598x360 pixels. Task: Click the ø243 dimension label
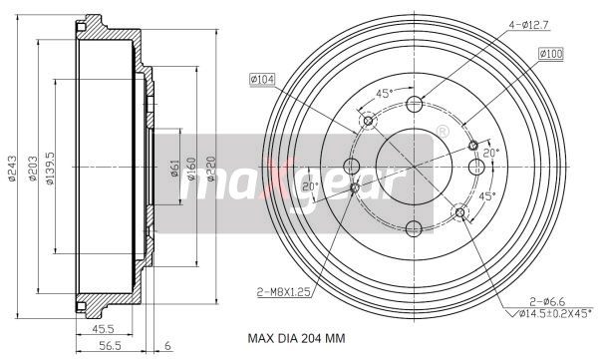point(12,168)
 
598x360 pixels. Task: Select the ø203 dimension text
point(33,169)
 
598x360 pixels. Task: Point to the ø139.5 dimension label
point(50,169)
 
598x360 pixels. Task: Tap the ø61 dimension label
point(173,169)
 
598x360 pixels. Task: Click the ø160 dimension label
point(190,169)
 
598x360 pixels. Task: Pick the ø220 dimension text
point(211,169)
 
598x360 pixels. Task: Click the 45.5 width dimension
point(103,328)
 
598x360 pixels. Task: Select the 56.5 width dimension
point(110,346)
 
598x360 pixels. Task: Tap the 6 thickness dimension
point(167,346)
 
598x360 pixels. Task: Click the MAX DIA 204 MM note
point(296,338)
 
